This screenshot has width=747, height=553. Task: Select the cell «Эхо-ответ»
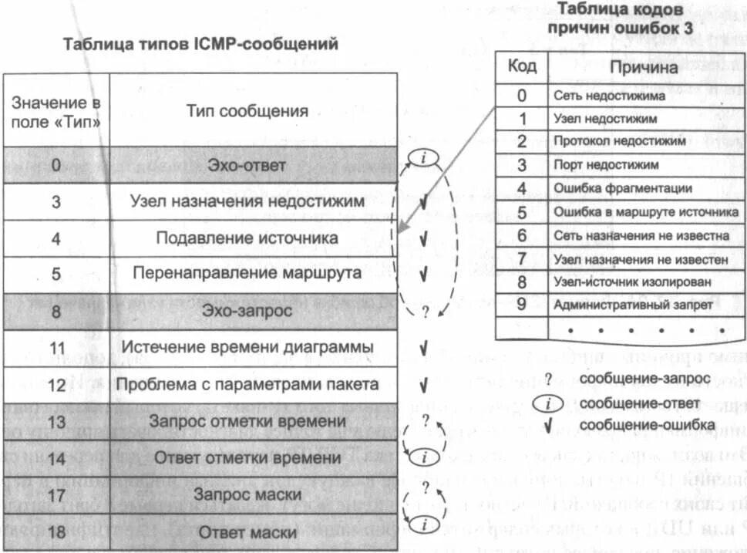(x=247, y=165)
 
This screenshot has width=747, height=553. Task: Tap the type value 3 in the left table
(x=56, y=202)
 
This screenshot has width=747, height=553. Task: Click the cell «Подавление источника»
(x=247, y=238)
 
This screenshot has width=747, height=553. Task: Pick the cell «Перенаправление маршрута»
(x=247, y=274)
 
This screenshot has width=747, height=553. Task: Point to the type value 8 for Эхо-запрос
(x=56, y=311)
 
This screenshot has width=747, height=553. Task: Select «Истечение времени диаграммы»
(x=247, y=347)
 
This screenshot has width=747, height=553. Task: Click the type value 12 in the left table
(x=56, y=384)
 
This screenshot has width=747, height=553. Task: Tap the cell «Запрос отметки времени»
(x=247, y=421)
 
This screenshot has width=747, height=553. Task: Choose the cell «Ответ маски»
(x=247, y=533)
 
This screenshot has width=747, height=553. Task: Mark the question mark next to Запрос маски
(x=424, y=487)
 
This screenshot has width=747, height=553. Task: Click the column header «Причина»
(x=643, y=67)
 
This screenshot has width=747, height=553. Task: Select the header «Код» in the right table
(x=522, y=66)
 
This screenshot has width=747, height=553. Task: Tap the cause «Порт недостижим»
(x=606, y=165)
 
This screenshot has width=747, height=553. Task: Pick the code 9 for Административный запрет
(x=522, y=304)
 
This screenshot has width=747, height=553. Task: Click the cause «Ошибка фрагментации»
(x=622, y=188)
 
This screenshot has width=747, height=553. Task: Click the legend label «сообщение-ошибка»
(x=647, y=424)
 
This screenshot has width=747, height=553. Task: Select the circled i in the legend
(x=548, y=403)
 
